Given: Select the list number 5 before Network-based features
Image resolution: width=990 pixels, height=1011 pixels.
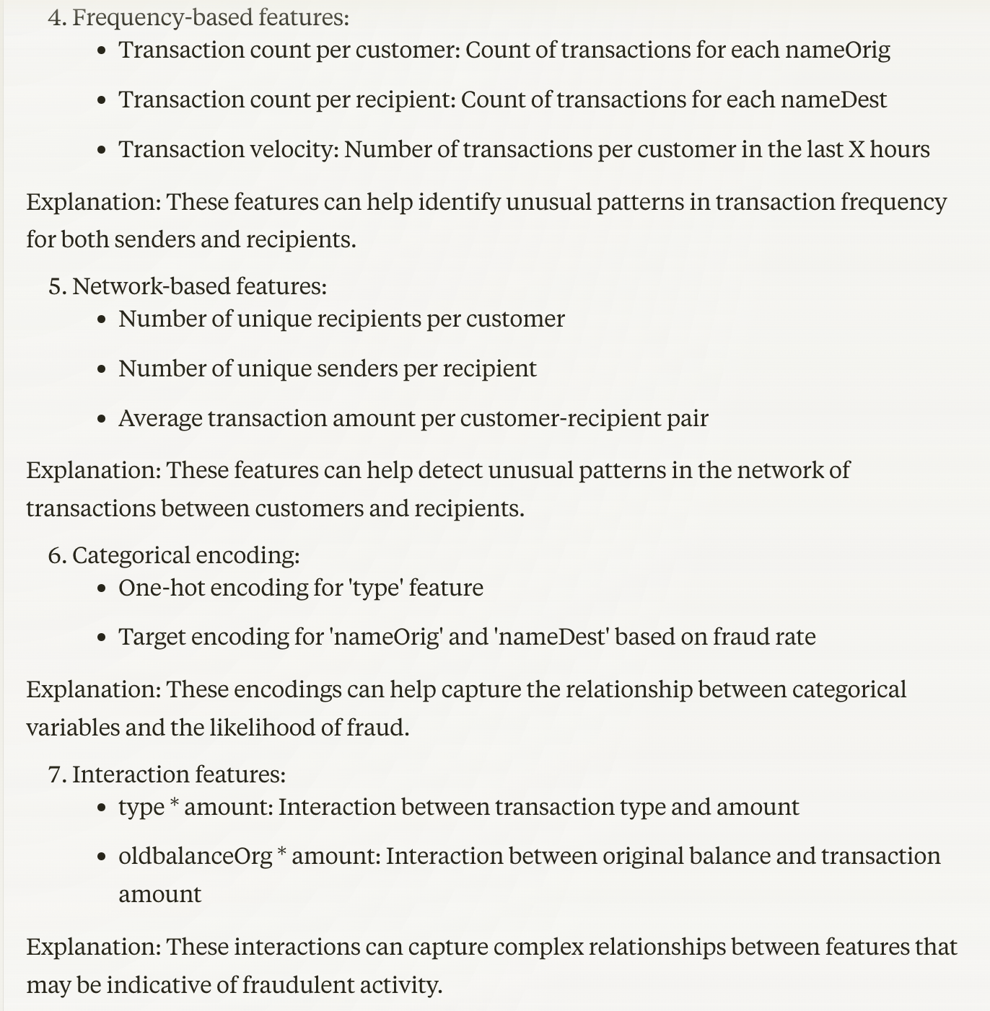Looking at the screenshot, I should pos(57,286).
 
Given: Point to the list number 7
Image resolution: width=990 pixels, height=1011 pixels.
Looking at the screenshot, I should pos(57,774).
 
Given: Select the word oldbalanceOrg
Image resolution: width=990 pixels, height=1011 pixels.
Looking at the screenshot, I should pos(195,856).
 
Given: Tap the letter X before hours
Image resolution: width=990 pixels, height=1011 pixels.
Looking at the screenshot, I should pos(856,149).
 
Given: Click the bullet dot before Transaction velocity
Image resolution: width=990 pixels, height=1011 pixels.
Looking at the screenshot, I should pos(102,150).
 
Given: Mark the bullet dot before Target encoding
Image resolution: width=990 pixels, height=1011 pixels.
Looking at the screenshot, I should pos(102,637).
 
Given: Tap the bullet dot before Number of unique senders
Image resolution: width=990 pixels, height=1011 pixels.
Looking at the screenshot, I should pos(102,369).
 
